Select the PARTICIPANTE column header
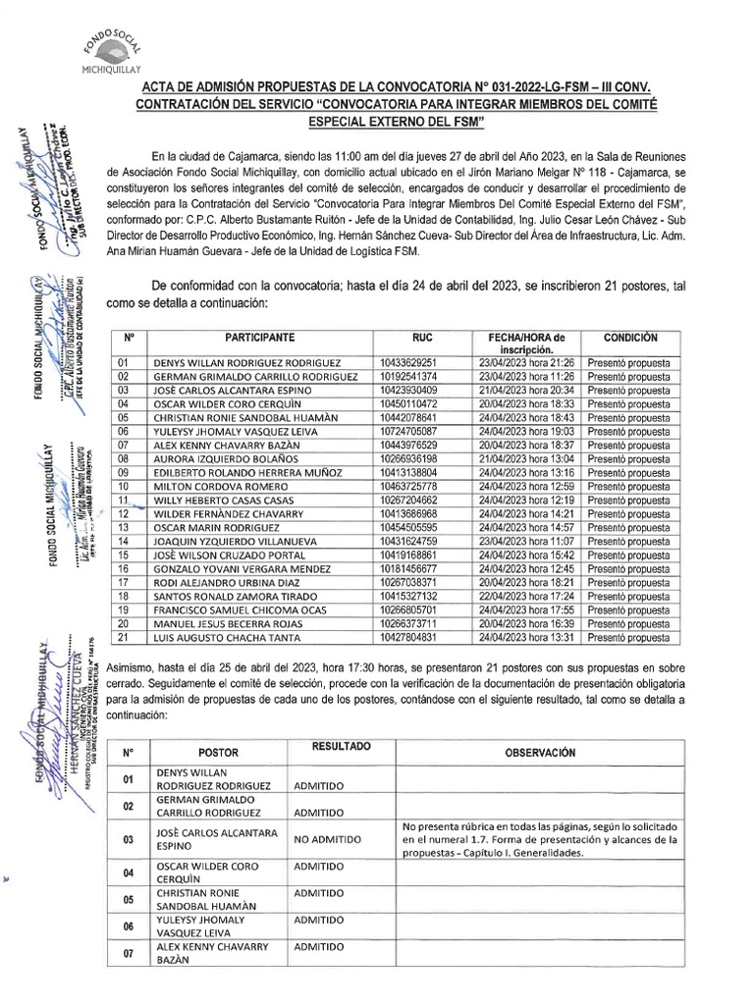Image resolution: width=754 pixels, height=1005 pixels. pos(259,336)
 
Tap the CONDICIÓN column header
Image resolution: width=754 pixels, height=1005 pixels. pos(629,336)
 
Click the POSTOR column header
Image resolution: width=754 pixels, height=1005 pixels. pos(218,753)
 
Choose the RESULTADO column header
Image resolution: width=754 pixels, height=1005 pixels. pos(341,747)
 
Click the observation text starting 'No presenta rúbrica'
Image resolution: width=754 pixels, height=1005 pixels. pos(539,839)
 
